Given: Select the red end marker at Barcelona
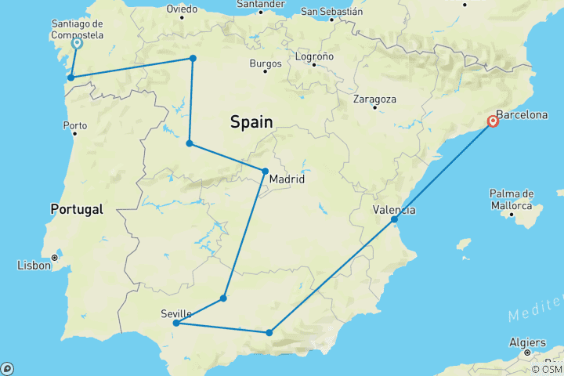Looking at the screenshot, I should click(x=493, y=121).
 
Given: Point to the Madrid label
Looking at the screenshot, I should click(x=286, y=180).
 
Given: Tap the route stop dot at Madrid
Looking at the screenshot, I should click(x=265, y=171).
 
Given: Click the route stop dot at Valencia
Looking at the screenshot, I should click(x=395, y=219).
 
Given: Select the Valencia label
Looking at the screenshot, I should click(x=394, y=210).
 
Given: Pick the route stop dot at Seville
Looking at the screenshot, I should click(x=176, y=323).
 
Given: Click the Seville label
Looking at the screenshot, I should click(x=176, y=313).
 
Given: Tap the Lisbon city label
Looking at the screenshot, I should click(x=33, y=266).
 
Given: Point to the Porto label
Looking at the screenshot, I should click(x=75, y=125).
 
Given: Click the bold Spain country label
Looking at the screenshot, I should click(x=251, y=122).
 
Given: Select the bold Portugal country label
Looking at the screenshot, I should click(x=77, y=209).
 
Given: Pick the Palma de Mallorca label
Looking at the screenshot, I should click(x=512, y=199).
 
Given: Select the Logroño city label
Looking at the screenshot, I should click(x=314, y=56).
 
